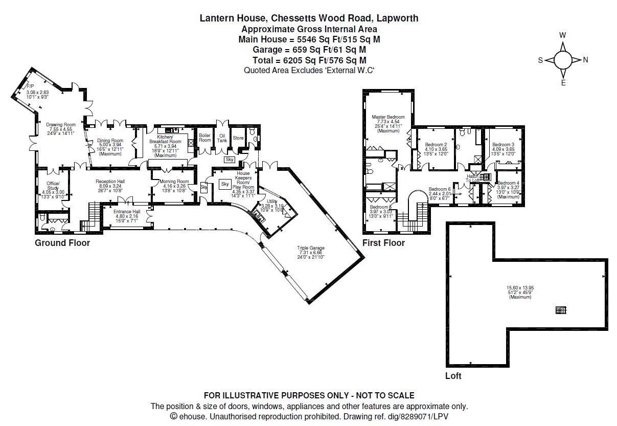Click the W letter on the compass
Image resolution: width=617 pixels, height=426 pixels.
[x=562, y=35]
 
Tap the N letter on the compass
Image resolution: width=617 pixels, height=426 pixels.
[x=585, y=60]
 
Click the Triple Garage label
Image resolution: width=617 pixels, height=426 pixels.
[x=311, y=248]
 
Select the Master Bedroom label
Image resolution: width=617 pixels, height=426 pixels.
[x=388, y=117]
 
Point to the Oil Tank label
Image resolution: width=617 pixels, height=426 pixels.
[x=222, y=138]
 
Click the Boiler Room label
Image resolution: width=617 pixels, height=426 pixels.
[x=204, y=138]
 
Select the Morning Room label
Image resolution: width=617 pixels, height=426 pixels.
[x=174, y=182]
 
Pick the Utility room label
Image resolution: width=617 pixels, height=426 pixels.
[x=272, y=201]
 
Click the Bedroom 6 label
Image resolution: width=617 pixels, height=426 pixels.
[x=440, y=189]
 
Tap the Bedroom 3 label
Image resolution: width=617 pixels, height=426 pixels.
[x=502, y=145]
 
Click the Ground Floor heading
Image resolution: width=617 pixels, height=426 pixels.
[x=62, y=243]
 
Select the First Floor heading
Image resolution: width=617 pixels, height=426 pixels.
[x=383, y=243]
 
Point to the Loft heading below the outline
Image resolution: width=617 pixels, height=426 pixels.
[x=453, y=376]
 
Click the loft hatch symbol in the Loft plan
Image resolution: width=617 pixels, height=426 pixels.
[x=561, y=310]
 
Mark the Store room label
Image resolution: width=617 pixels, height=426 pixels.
[x=238, y=138]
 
